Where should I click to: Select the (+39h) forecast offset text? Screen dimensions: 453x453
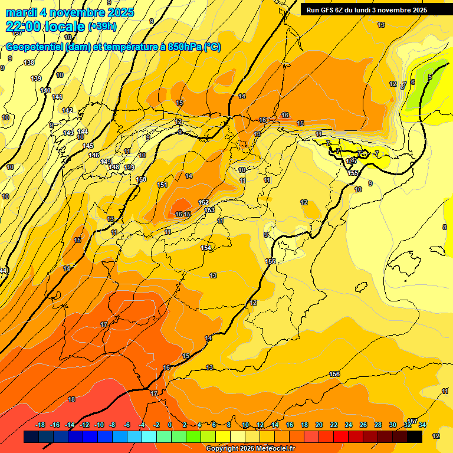[x=102, y=27]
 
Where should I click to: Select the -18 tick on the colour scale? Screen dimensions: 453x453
[x=40, y=425]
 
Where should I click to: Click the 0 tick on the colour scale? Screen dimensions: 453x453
[x=170, y=425]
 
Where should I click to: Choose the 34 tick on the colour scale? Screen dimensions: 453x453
[x=422, y=425]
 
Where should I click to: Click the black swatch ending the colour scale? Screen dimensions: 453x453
[x=414, y=436]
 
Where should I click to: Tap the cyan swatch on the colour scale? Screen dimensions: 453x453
[x=149, y=436]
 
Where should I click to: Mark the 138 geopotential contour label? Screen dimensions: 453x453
[x=29, y=63]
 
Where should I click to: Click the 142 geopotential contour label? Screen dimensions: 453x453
[x=67, y=110]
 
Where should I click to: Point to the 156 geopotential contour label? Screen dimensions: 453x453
[x=334, y=374]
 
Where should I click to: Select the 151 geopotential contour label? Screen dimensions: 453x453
[x=162, y=185]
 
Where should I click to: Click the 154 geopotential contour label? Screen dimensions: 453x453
[x=206, y=248]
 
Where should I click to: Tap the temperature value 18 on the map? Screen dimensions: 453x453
[x=71, y=399]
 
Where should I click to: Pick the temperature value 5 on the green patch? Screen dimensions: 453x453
[x=430, y=77]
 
